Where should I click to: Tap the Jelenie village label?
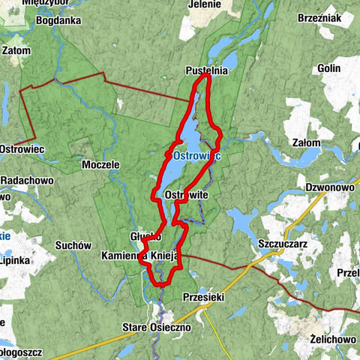(205, 4)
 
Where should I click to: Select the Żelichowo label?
(334, 339)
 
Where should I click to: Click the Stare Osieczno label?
(157, 327)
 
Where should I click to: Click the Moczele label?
(100, 163)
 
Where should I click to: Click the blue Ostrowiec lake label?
(196, 156)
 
